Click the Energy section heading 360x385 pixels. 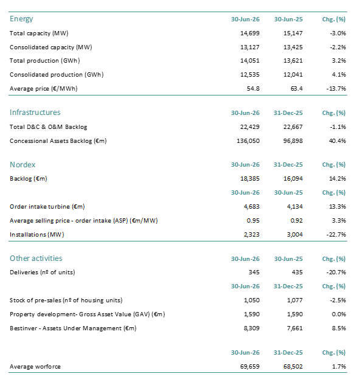21,19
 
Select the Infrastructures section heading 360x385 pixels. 35,113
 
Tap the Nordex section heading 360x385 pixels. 22,164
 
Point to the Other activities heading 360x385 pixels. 36,258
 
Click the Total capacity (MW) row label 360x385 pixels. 39,33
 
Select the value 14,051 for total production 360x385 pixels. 250,61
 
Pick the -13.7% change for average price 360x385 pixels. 336,89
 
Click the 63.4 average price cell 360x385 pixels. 296,89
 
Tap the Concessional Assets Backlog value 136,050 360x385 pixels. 248,141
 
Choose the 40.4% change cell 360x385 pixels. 337,141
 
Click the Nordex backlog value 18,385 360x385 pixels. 250,179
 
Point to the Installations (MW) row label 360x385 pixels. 37,235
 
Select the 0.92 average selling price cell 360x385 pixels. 296,221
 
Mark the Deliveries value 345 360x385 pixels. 254,272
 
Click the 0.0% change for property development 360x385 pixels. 339,314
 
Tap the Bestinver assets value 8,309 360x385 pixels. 252,328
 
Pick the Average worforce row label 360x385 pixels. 35,367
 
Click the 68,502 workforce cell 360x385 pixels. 293,367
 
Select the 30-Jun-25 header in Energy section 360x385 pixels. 288,19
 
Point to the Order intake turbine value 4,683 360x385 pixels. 252,207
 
